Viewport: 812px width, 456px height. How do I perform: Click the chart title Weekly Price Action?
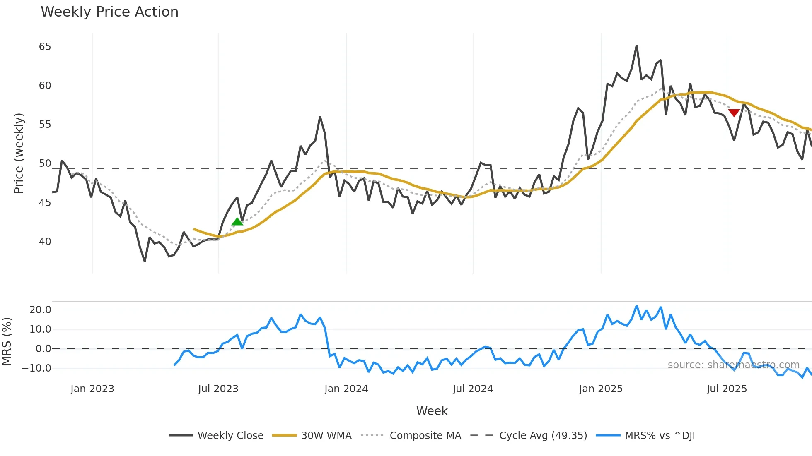109,12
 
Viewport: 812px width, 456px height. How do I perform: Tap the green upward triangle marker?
237,222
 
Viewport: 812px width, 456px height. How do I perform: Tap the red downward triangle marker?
734,113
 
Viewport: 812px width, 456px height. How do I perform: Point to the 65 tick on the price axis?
45,47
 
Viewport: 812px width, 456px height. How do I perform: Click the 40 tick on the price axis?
45,241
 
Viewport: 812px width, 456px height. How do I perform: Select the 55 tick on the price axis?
45,125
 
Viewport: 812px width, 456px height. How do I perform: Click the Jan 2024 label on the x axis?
346,389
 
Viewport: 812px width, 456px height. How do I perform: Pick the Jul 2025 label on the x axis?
726,389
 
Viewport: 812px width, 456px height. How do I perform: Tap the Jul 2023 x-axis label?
218,389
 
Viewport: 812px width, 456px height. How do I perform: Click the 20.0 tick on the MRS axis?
40,310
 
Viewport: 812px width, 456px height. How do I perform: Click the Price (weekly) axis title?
19,153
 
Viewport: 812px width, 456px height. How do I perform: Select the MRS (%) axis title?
7,341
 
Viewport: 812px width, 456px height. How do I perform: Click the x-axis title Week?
432,411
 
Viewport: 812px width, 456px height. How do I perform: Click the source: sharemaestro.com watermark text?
733,365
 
